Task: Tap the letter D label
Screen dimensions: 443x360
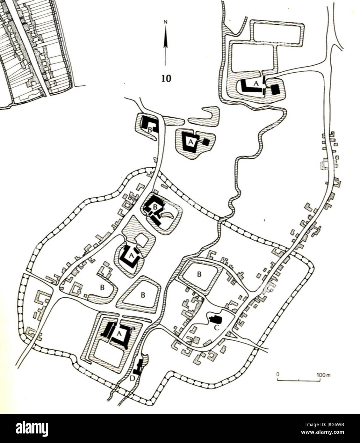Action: pos(132,378)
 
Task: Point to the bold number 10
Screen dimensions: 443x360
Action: pos(166,78)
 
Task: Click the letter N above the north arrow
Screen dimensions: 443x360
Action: pos(165,22)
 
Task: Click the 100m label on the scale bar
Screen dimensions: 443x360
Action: pos(324,375)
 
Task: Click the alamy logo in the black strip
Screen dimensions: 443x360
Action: pos(32,428)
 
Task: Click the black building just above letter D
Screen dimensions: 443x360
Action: pos(139,367)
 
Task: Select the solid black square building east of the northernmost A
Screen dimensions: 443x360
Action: pos(275,90)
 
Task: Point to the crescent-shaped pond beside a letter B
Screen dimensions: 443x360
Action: pos(168,216)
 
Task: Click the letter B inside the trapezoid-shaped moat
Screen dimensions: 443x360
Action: pos(143,295)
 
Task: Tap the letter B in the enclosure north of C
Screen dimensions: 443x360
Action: pos(199,274)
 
